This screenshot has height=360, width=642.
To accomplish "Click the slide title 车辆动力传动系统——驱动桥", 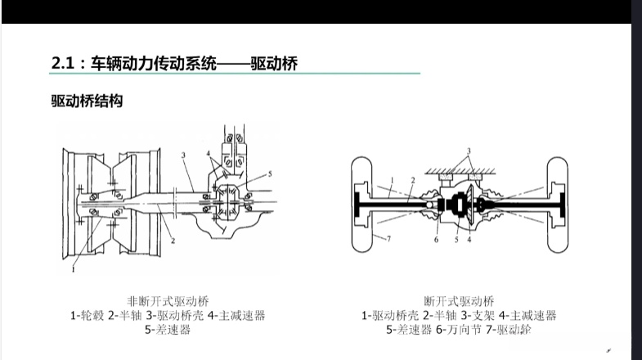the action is coord(194,64).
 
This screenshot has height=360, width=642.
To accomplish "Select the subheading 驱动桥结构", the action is coord(87,101).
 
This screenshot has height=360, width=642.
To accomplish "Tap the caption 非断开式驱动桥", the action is coord(168,301).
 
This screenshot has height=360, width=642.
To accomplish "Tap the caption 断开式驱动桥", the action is coord(459,301).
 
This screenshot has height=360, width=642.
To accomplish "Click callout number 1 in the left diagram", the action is coord(74,269).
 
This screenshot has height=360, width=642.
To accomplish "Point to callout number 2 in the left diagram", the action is coord(173,241).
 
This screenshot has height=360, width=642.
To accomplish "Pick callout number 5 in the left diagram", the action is coord(270,174).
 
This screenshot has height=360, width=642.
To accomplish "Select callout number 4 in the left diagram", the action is coord(209,154).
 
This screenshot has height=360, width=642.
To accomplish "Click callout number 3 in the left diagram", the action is coord(183,155).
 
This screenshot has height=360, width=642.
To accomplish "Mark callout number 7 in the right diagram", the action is coord(388,239).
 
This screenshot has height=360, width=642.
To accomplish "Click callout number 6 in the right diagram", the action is coord(436,240).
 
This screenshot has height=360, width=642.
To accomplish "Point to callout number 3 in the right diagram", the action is coord(469,151).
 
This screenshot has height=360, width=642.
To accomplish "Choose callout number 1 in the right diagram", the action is coord(392,180).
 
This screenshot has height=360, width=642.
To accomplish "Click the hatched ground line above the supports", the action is coord(460,171).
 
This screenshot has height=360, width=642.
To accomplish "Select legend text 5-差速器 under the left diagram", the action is coord(168,330).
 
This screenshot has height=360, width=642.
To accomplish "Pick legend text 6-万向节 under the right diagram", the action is coord(458,330).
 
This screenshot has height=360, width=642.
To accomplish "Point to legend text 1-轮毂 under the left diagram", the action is coord(88,316).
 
